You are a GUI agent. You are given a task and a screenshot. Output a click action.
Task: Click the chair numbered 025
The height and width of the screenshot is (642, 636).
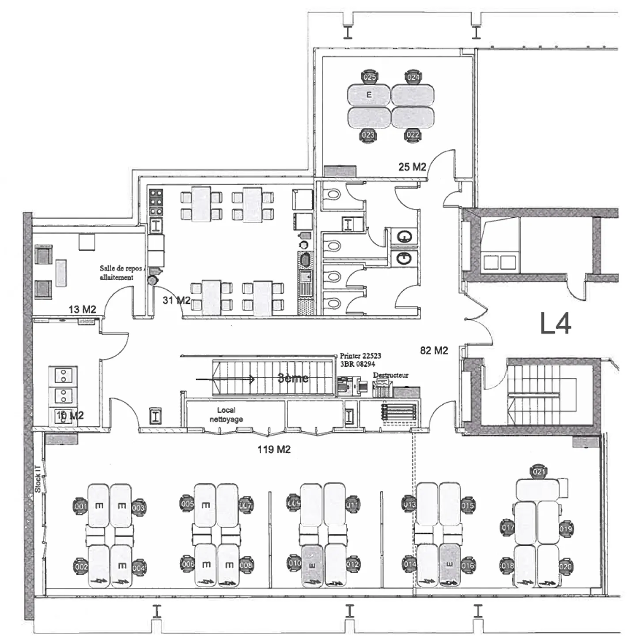(x=369, y=77)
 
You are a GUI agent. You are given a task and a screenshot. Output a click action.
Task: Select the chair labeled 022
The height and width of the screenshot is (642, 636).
(x=413, y=135)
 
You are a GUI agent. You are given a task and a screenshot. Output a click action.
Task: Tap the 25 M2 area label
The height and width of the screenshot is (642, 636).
(x=412, y=167)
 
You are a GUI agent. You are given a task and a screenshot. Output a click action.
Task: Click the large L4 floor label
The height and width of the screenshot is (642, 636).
(x=556, y=323)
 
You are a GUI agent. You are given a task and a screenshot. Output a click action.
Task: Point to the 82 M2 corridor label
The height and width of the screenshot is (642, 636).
(x=434, y=350)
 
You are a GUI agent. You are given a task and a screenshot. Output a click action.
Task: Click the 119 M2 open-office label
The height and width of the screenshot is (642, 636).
(x=274, y=449)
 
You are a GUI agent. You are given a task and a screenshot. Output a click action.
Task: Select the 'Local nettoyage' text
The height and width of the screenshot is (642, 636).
(x=226, y=414)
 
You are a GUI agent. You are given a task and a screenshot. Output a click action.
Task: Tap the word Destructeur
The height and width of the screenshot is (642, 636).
(x=391, y=375)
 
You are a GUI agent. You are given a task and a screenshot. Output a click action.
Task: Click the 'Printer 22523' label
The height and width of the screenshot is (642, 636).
(x=360, y=356)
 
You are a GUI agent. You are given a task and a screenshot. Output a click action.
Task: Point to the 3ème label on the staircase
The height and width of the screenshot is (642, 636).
(x=293, y=378)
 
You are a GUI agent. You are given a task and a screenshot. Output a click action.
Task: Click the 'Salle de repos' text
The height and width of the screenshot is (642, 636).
(x=121, y=269)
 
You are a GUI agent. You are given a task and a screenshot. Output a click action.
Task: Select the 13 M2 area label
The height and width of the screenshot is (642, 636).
(x=82, y=309)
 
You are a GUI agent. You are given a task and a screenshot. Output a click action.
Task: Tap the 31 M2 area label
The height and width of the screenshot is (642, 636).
(x=176, y=300)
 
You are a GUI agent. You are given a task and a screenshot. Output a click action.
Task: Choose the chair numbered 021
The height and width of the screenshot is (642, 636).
(x=539, y=471)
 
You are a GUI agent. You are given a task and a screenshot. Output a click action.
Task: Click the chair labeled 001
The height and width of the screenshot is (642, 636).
(x=80, y=507)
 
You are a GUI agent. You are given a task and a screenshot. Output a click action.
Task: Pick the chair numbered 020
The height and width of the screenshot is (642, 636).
(x=565, y=566)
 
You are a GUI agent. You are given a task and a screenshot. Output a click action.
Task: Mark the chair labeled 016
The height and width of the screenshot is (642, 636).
(x=468, y=565)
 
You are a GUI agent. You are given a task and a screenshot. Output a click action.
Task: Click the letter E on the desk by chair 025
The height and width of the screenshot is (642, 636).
(x=369, y=95)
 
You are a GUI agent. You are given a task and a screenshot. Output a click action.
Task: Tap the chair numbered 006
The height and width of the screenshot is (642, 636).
(x=188, y=564)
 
